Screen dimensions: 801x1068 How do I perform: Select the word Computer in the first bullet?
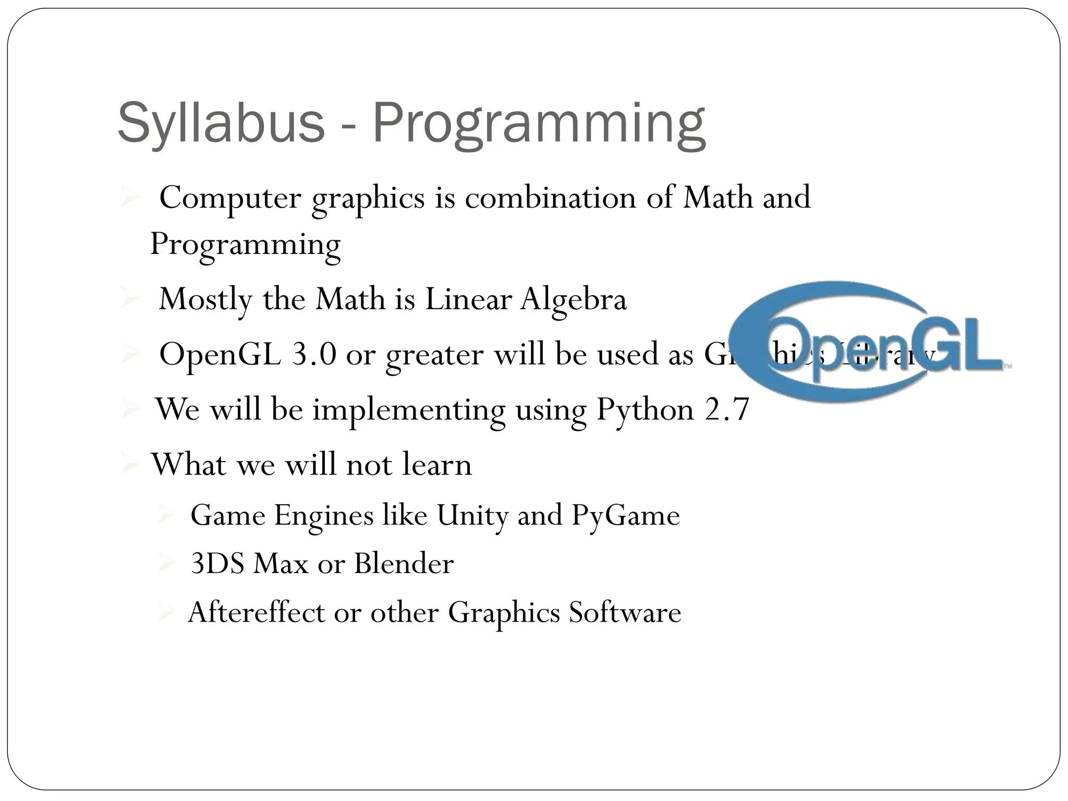tap(230, 198)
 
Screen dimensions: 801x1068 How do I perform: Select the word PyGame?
tap(625, 516)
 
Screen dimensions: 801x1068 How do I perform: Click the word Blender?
tap(404, 564)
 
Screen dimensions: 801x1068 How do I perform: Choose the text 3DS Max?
tap(250, 564)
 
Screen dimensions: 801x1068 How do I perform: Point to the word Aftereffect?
tap(256, 612)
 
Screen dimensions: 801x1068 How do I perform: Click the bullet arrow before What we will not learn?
tap(129, 464)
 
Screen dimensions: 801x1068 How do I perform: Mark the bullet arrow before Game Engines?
tap(167, 516)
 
